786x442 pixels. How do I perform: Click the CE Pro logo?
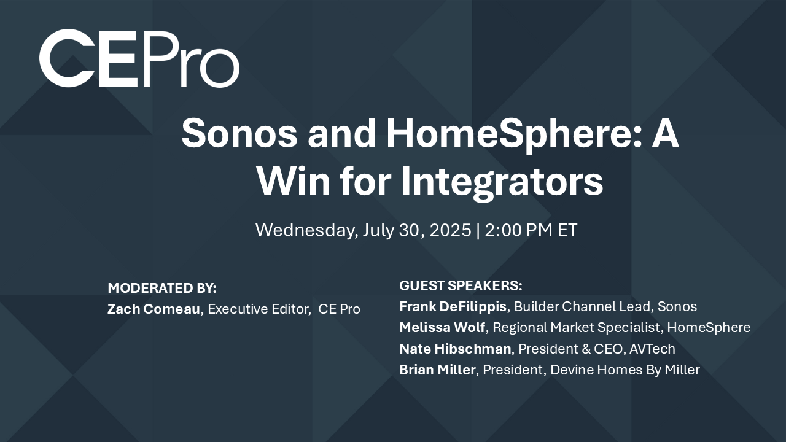point(139,58)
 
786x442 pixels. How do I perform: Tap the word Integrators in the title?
point(502,181)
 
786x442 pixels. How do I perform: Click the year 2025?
point(450,230)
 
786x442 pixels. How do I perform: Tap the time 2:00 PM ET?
point(531,230)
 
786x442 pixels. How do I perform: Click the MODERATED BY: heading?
point(162,288)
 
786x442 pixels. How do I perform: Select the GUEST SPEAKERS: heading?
point(461,285)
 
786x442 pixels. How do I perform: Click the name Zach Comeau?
point(154,309)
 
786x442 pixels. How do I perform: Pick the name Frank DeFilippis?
point(453,306)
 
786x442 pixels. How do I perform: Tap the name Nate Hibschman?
point(455,349)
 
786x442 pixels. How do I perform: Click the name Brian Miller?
point(438,370)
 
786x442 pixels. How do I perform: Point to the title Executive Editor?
point(259,309)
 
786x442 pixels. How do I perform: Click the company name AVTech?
point(652,349)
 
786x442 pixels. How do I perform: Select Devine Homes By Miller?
point(625,370)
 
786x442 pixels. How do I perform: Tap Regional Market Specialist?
point(576,328)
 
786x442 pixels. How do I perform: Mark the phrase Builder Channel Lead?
point(582,306)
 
